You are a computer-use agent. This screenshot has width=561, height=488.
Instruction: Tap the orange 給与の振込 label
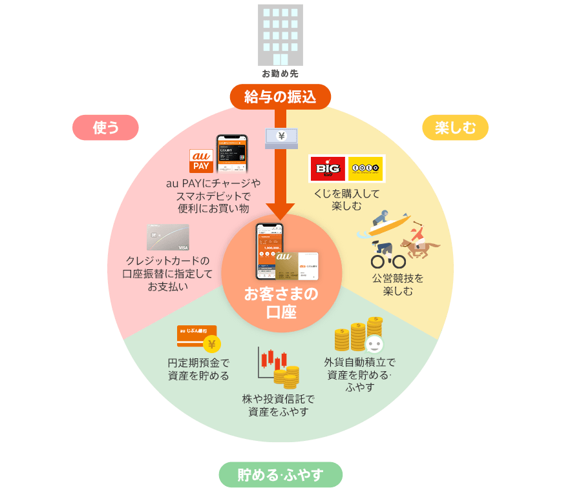pyautogui.click(x=280, y=97)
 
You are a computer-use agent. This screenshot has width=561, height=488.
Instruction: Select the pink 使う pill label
pyautogui.click(x=105, y=128)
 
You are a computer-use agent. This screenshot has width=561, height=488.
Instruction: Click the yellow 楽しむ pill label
pyautogui.click(x=455, y=128)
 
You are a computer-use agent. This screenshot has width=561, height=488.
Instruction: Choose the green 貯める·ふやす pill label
pyautogui.click(x=280, y=475)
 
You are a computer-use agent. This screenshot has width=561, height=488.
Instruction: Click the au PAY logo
pyautogui.click(x=201, y=161)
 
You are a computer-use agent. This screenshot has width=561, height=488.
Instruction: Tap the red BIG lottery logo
pyautogui.click(x=328, y=168)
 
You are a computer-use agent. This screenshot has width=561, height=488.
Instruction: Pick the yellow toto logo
pyautogui.click(x=365, y=168)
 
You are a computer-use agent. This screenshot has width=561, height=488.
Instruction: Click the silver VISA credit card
pyautogui.click(x=168, y=238)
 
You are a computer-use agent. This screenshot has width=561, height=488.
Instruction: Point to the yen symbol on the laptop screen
pyautogui.click(x=281, y=136)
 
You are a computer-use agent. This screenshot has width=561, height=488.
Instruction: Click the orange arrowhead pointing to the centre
pyautogui.click(x=280, y=211)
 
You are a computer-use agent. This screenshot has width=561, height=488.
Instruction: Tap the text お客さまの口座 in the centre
pyautogui.click(x=280, y=303)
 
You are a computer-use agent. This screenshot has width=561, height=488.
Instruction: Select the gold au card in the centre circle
pyautogui.click(x=296, y=265)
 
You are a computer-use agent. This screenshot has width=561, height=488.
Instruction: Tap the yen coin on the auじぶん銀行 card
pyautogui.click(x=211, y=344)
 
